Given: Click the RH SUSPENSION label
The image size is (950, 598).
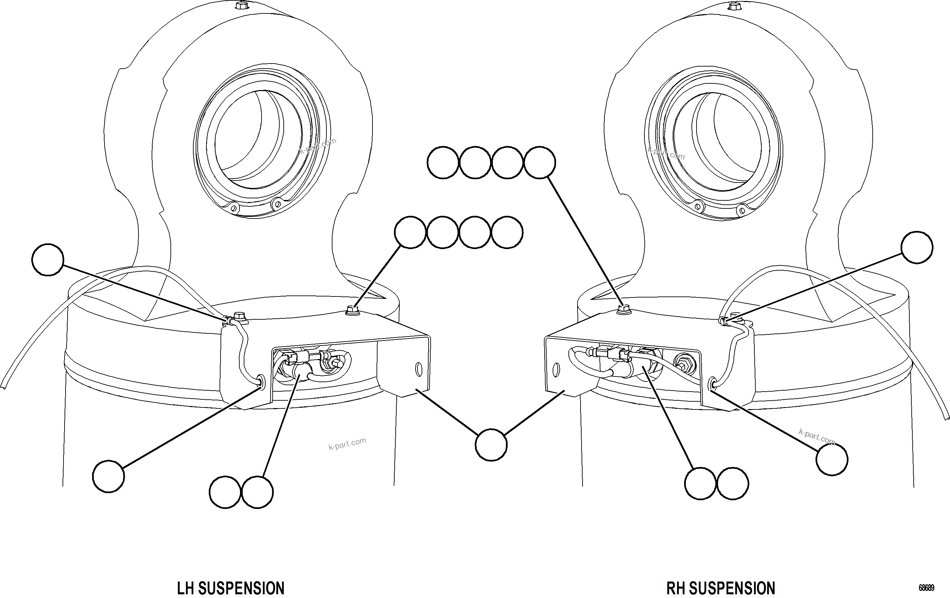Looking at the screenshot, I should [720, 588].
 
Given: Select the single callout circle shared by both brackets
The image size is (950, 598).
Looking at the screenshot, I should [491, 445].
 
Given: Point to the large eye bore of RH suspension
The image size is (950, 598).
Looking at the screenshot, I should [716, 142].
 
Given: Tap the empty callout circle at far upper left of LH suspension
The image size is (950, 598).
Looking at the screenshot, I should [48, 260].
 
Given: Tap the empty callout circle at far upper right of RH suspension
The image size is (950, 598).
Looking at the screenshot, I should [917, 247].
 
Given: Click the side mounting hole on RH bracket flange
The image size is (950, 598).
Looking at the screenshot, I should [556, 370].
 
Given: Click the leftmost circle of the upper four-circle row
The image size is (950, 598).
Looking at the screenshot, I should [443, 162].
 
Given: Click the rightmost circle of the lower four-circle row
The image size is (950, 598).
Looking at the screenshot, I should [507, 232].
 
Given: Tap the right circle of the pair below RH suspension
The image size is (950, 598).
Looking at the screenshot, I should [732, 484].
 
